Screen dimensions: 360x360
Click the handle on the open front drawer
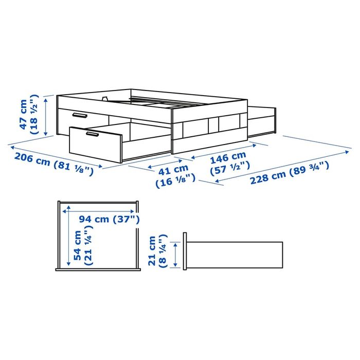[93, 135]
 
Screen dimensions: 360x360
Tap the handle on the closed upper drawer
[79, 115]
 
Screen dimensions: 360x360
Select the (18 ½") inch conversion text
[34, 115]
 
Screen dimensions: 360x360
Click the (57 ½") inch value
[230, 166]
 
